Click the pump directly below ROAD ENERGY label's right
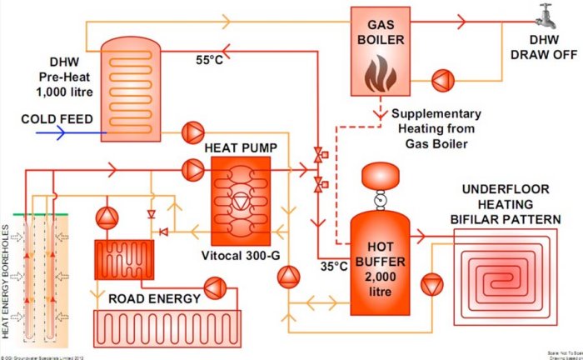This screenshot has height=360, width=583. (x=215, y=287)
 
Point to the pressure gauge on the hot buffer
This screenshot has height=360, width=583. (x=378, y=200)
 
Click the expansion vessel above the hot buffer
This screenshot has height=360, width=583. (x=378, y=177)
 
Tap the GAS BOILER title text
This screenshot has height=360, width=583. (x=380, y=31)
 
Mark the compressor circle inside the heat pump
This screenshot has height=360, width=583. (x=241, y=200)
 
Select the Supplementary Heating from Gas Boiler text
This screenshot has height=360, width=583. (x=435, y=128)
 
